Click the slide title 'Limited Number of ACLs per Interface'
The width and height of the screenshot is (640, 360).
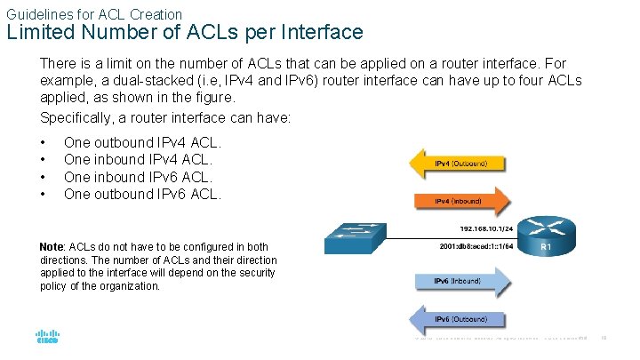click(185, 33)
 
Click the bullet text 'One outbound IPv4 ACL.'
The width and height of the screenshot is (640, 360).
click(142, 142)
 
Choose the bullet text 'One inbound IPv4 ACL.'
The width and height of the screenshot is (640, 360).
click(139, 159)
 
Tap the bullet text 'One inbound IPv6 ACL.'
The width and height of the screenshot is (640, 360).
click(139, 177)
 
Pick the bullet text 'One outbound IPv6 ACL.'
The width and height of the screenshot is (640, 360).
click(142, 194)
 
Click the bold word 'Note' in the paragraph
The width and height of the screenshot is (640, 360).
click(52, 246)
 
